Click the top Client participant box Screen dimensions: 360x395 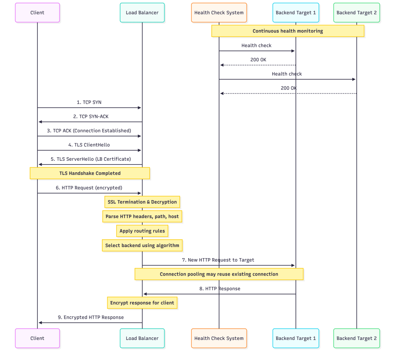(37, 13)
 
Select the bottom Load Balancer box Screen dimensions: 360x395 (142, 338)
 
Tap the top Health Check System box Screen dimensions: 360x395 (219, 13)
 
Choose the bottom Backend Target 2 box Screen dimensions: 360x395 (356, 338)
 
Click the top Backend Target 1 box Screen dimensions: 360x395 (295, 13)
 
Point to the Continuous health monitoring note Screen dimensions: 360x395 (288, 31)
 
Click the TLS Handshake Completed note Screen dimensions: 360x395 (90, 173)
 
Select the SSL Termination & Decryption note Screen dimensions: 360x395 (142, 202)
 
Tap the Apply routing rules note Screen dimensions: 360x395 (142, 231)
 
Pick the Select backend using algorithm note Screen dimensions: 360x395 (142, 245)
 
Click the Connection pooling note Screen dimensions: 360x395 (219, 274)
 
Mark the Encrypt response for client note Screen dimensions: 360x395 (142, 303)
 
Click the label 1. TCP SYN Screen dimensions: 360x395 (89, 102)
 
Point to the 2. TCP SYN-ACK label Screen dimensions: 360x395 (89, 116)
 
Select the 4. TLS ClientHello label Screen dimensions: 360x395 (89, 145)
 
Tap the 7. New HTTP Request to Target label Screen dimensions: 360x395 (218, 260)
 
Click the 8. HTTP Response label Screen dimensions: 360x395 (220, 288)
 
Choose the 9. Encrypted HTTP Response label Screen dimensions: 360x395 (91, 317)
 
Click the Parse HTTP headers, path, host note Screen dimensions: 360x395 (142, 216)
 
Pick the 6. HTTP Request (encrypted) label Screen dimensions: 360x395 (89, 188)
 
